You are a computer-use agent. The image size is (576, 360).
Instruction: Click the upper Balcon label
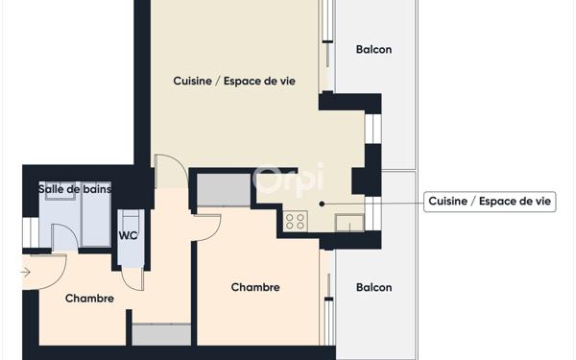click(x=373, y=50)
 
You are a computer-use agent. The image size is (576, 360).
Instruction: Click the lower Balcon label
click(x=373, y=287)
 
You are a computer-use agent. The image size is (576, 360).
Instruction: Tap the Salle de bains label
click(x=75, y=189)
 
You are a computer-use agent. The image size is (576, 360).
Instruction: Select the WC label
click(x=128, y=235)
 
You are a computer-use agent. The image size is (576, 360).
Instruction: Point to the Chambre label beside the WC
click(x=89, y=299)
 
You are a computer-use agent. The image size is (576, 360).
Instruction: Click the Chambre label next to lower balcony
click(x=255, y=287)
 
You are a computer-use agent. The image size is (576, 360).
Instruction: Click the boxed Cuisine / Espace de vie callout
click(x=491, y=202)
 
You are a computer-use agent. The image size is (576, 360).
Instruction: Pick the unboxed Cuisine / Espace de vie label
click(x=233, y=82)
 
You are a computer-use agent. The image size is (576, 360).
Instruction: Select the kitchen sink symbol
click(x=348, y=224)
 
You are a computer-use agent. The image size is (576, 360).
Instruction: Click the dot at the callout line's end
click(x=323, y=203)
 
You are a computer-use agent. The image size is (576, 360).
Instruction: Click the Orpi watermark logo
click(x=288, y=180)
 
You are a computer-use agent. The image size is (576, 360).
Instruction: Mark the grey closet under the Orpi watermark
click(x=223, y=189)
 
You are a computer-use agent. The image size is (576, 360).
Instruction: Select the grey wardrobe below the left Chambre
click(x=161, y=335)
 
